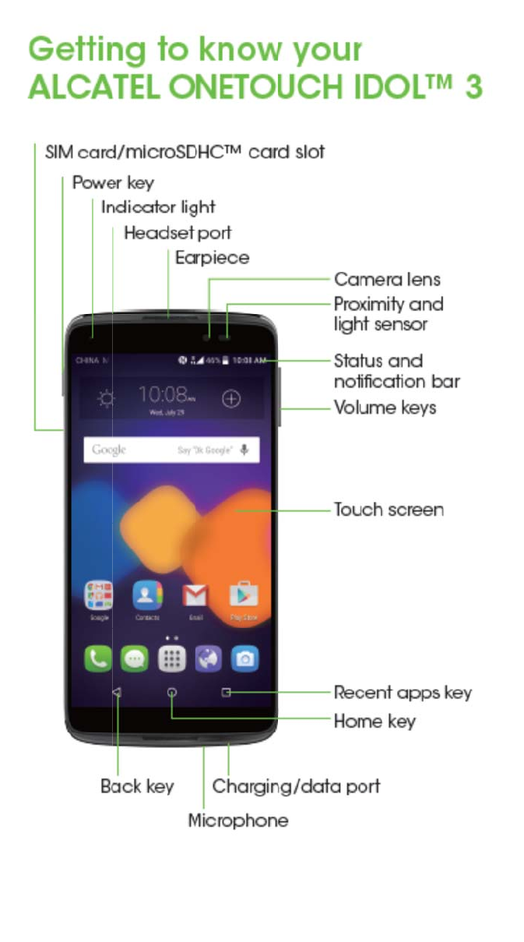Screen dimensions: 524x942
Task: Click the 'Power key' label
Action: (x=113, y=183)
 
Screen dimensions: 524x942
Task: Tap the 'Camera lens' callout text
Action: (x=387, y=279)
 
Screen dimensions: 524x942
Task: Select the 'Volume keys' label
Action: (x=385, y=407)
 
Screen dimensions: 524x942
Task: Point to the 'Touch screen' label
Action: (x=389, y=510)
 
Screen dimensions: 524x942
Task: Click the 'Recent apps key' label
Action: (x=403, y=692)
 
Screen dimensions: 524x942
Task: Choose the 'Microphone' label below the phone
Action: (x=238, y=820)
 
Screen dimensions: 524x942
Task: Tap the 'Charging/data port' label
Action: (x=297, y=785)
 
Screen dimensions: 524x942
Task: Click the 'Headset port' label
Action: (x=178, y=233)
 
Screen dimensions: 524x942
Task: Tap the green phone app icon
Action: (x=98, y=659)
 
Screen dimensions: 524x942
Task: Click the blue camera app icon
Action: (x=244, y=659)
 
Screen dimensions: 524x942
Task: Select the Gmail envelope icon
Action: (x=195, y=596)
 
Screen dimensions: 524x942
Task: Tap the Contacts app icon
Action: (x=146, y=596)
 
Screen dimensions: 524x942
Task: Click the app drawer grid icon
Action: (x=171, y=659)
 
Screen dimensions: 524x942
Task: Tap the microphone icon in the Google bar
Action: (x=244, y=450)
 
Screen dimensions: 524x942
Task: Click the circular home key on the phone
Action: (x=171, y=693)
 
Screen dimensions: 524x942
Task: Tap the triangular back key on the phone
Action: (x=117, y=693)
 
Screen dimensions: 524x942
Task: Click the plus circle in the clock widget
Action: (x=231, y=399)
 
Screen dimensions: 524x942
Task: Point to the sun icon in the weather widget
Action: (x=106, y=399)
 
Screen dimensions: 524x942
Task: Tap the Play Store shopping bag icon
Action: (x=243, y=596)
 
